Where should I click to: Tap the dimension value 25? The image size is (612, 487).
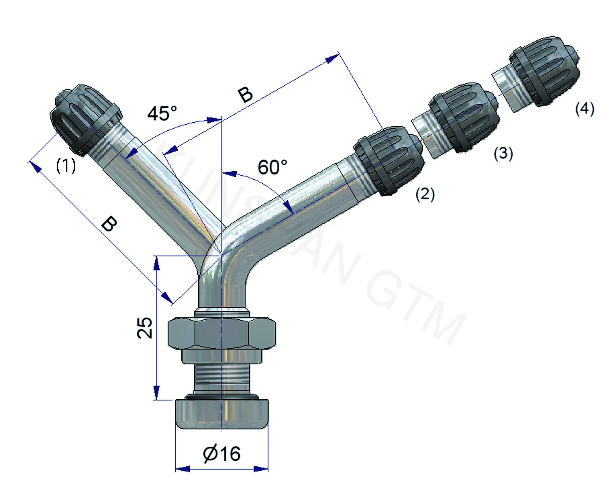click(145, 328)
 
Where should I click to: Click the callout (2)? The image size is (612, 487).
click(425, 195)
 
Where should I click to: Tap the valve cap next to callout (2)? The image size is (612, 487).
click(389, 160)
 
